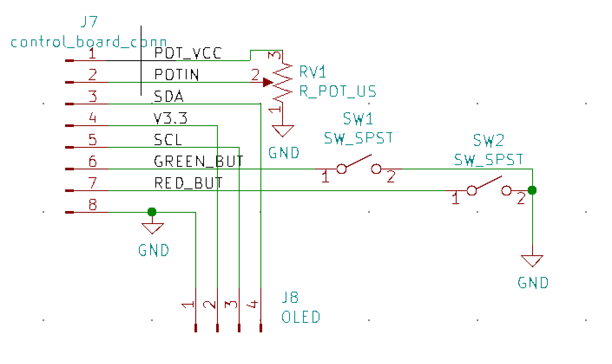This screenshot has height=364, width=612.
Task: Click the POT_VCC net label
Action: pos(188,53)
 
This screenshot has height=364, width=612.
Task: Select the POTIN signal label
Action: pos(177,75)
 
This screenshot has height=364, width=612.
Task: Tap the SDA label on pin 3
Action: pos(169,96)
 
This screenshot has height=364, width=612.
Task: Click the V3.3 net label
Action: pos(171,118)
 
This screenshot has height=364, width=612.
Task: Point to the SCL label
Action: pos(168,140)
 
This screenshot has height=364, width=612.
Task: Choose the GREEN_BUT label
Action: pos(199,161)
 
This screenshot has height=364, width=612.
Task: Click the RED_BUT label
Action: pos(188,183)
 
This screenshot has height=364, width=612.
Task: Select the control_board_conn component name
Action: pos(89,42)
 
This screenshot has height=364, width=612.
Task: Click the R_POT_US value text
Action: pos(338,91)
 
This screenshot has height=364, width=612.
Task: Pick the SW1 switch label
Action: pos(358,118)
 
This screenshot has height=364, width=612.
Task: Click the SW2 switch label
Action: pos(488,140)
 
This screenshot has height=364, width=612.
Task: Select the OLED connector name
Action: pos(301,317)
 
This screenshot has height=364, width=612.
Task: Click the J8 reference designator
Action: pos(290,297)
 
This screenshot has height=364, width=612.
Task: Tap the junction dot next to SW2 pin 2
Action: pos(532,190)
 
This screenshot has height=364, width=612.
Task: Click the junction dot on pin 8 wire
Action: pos(152,212)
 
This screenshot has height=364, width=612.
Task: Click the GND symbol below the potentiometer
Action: pos(283,130)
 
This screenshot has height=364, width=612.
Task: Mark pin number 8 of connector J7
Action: pos(92,205)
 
